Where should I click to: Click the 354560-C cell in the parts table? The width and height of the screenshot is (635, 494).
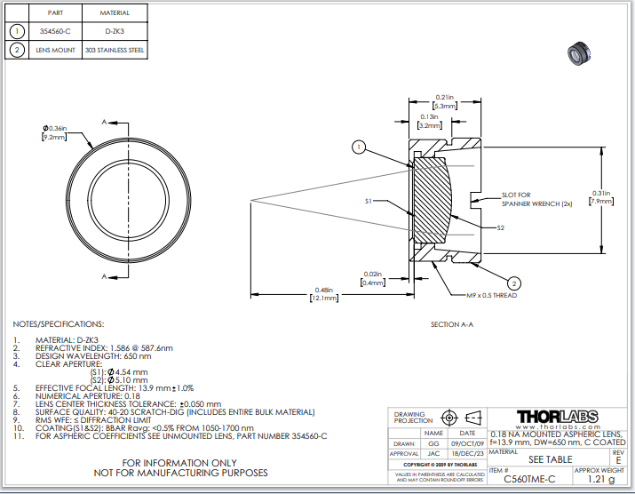click(x=55, y=30)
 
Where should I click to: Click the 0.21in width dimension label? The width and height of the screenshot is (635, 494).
click(x=444, y=97)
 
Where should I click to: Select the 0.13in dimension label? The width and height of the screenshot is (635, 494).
click(x=429, y=117)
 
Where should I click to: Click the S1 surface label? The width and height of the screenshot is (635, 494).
click(x=368, y=202)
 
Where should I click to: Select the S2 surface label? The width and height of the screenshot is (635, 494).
click(x=501, y=228)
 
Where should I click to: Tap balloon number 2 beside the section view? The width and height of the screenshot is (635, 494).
click(x=515, y=283)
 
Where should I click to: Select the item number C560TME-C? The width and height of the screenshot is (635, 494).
click(x=529, y=478)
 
